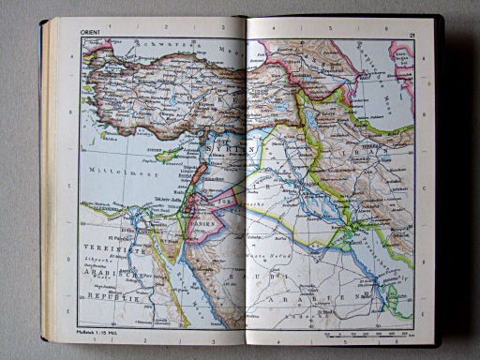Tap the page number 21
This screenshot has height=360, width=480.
411,35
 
